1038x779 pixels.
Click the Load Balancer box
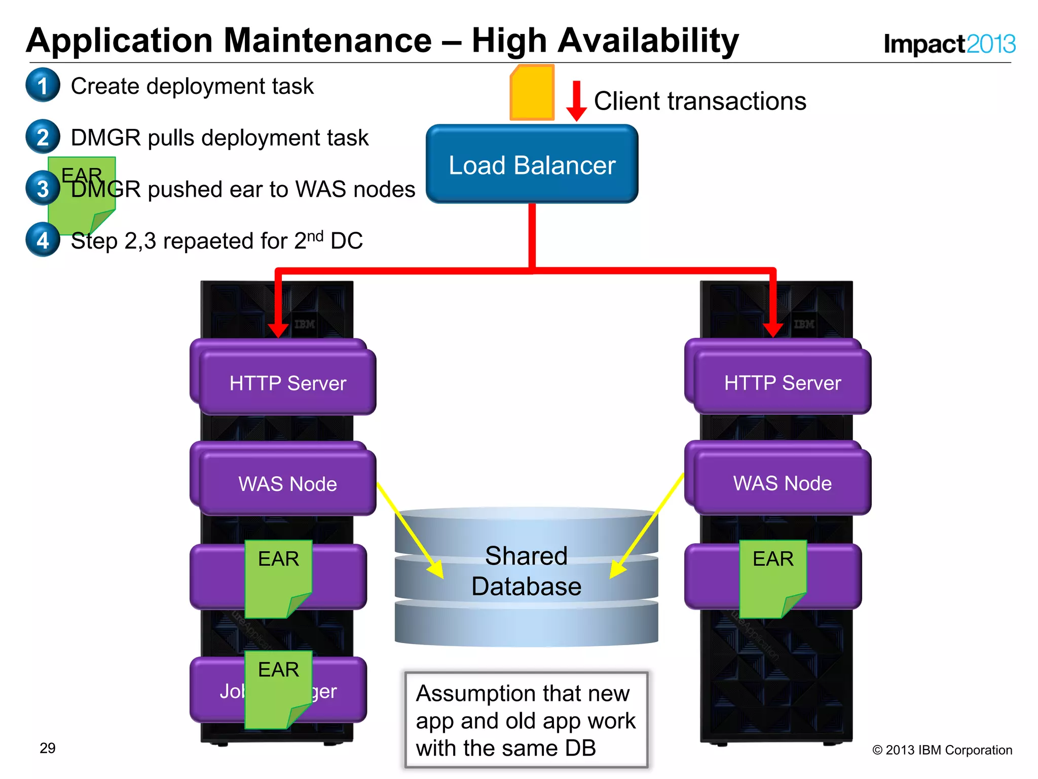pyautogui.click(x=532, y=164)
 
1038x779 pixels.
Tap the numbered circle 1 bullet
pyautogui.click(x=43, y=85)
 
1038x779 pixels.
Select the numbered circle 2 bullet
pyautogui.click(x=43, y=137)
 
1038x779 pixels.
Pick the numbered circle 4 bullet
pyautogui.click(x=43, y=240)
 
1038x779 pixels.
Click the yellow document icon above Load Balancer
pyautogui.click(x=532, y=93)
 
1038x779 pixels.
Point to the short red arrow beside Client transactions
pyautogui.click(x=576, y=100)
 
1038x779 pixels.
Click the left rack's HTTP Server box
pyautogui.click(x=287, y=382)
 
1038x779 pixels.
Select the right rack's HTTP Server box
pyautogui.click(x=782, y=382)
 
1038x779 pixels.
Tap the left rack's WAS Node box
pyautogui.click(x=287, y=483)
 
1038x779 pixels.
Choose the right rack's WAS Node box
pyautogui.click(x=782, y=483)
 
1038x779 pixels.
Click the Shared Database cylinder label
pyautogui.click(x=526, y=571)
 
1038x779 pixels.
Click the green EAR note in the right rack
pyautogui.click(x=772, y=578)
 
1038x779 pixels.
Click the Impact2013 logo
pyautogui.click(x=949, y=44)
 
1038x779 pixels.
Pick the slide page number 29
pyautogui.click(x=48, y=748)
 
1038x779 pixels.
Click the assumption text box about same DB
pyautogui.click(x=526, y=720)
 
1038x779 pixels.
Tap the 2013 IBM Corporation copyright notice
pyautogui.click(x=942, y=750)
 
